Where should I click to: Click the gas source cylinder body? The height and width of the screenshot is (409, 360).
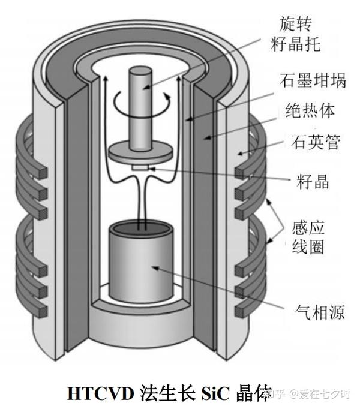pyautogui.click(x=141, y=267)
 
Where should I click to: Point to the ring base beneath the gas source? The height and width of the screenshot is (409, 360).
pyautogui.click(x=142, y=312)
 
